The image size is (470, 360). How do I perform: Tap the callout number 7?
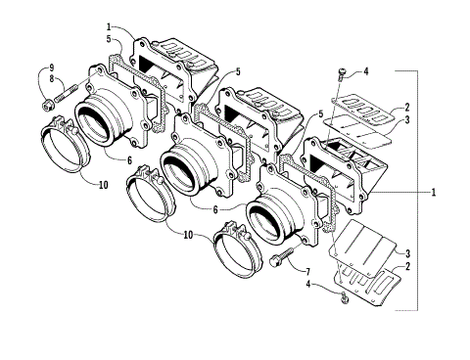click(307, 271)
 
